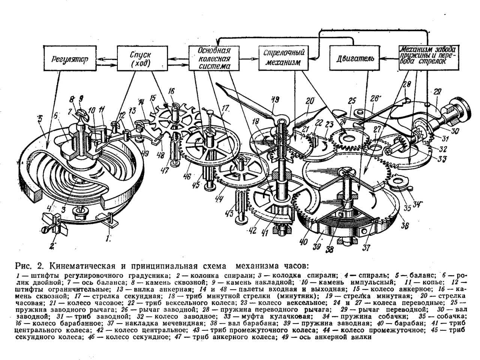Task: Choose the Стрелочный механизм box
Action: pos(282,58)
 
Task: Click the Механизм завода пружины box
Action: pos(428,57)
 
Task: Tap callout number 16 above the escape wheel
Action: pos(172,91)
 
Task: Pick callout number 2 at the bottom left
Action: pos(52,246)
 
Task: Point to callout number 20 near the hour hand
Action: pos(310,102)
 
